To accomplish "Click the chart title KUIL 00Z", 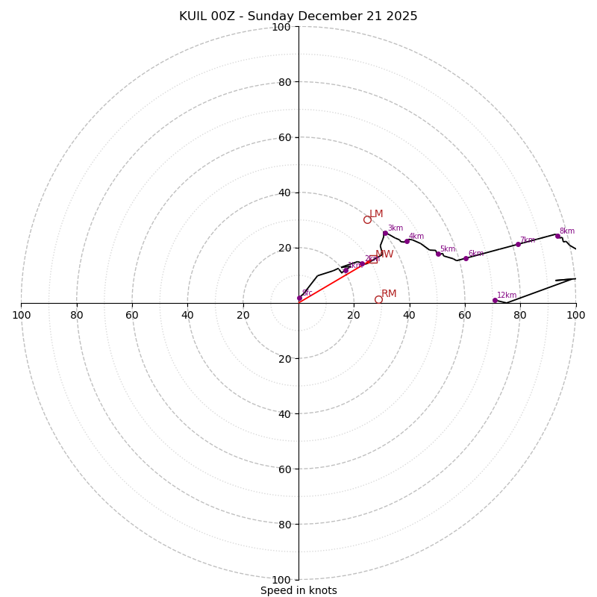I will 298,16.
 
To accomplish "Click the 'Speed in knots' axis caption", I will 298,590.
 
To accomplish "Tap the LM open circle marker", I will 367,219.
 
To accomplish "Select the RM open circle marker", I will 378,299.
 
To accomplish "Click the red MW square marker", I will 373,259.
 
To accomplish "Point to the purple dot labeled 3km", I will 385,233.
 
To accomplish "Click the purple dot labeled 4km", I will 407,241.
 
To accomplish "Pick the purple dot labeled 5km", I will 438,254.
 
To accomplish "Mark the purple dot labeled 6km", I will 466,258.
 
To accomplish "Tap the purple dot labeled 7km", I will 518,244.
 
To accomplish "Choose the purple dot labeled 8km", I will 557,236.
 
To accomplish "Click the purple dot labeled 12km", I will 495,300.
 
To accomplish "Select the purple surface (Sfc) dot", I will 299,298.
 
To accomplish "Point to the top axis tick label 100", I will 281,27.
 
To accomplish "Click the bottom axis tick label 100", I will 281,580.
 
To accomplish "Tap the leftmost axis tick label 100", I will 21,315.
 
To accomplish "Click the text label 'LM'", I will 376,214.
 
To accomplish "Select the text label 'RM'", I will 389,294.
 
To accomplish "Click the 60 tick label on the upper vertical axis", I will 284,137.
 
